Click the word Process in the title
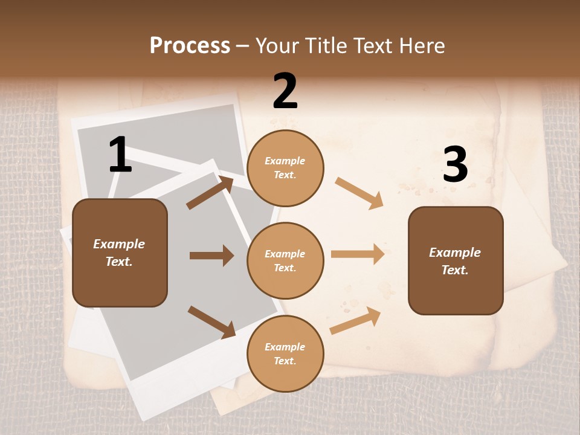[x=190, y=46]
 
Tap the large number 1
[x=120, y=155]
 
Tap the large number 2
[x=285, y=91]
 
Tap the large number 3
[x=455, y=165]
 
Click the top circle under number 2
[x=285, y=167]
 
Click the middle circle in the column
[x=285, y=260]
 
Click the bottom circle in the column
[x=285, y=353]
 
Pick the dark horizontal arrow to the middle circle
[x=211, y=256]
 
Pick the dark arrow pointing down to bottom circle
[x=211, y=321]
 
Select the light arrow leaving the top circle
[x=359, y=193]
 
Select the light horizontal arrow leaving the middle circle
[x=358, y=254]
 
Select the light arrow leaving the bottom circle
[x=356, y=320]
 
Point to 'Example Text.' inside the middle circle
[x=285, y=260]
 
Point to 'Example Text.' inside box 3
[x=455, y=261]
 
